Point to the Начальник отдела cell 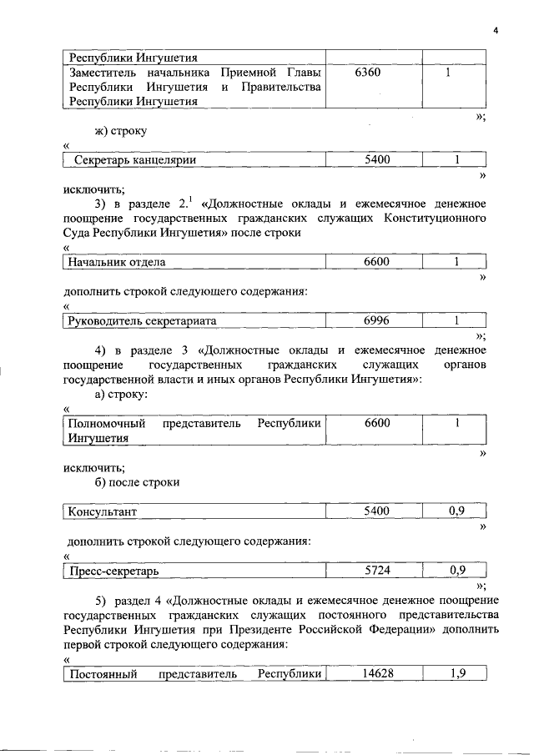coord(117,262)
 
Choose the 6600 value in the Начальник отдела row coord(376,262)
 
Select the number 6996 coord(376,320)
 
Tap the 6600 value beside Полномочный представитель coord(376,423)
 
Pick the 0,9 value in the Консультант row coord(456,511)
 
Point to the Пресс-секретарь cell coord(114,571)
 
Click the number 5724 coord(376,571)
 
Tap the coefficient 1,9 coord(456,673)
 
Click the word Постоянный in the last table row coord(103,673)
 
